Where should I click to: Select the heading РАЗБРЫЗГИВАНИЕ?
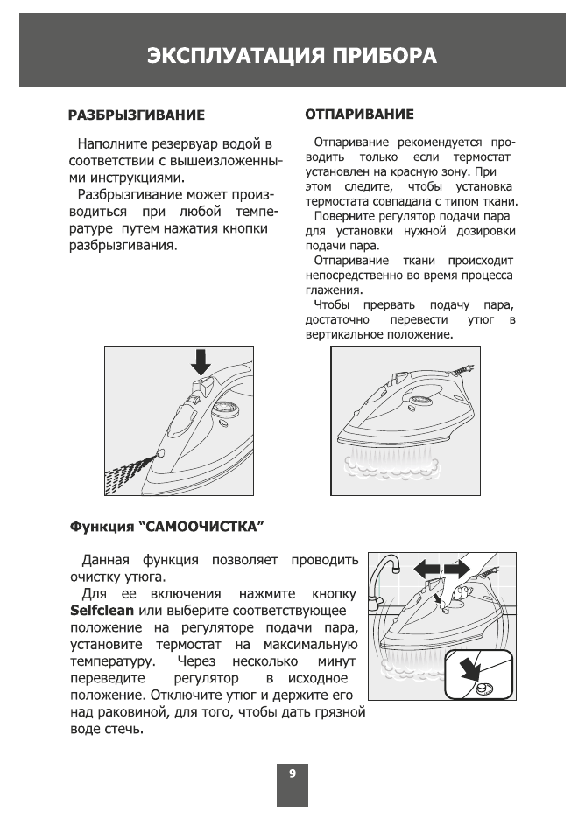click(x=137, y=115)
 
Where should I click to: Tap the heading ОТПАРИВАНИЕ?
click(x=359, y=115)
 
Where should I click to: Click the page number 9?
click(x=293, y=773)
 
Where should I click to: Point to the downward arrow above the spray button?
click(x=201, y=360)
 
